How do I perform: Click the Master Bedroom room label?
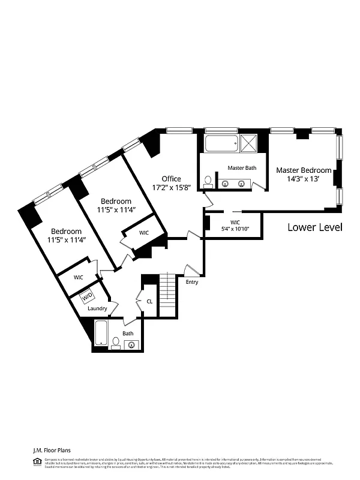304,170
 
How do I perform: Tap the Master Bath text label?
242,168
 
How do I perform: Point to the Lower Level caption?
314,227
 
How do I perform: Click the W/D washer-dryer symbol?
88,296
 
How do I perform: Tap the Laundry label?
97,308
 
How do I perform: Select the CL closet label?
149,302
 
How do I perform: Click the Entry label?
192,281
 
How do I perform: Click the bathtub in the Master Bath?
221,144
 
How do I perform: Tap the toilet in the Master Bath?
208,180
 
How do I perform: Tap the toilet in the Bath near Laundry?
115,342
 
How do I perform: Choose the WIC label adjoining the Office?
144,232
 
